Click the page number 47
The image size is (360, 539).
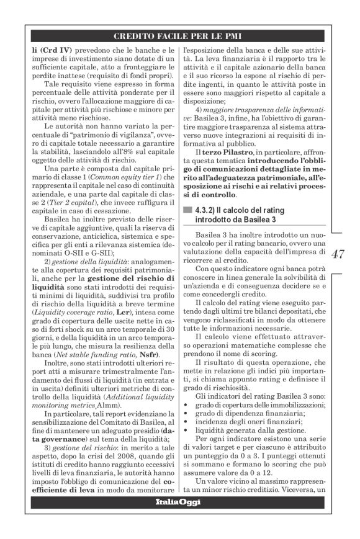click(339, 254)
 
